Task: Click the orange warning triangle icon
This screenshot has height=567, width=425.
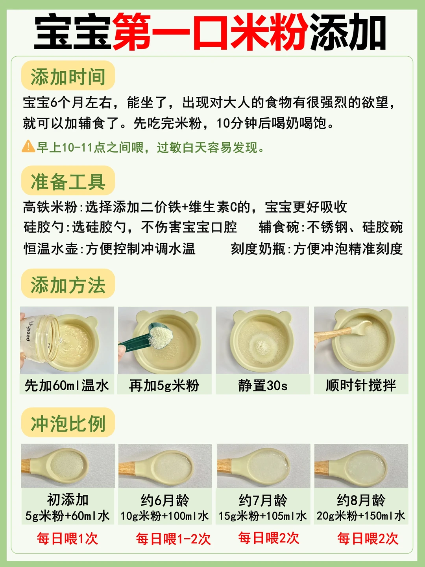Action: point(28,146)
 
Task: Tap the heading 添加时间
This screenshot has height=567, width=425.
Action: point(68,77)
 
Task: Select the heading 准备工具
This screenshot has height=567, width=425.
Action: point(68,182)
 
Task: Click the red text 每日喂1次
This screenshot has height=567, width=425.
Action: point(67,539)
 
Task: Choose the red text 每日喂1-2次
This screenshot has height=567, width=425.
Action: point(174,539)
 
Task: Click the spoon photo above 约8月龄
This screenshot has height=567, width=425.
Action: point(361,466)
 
